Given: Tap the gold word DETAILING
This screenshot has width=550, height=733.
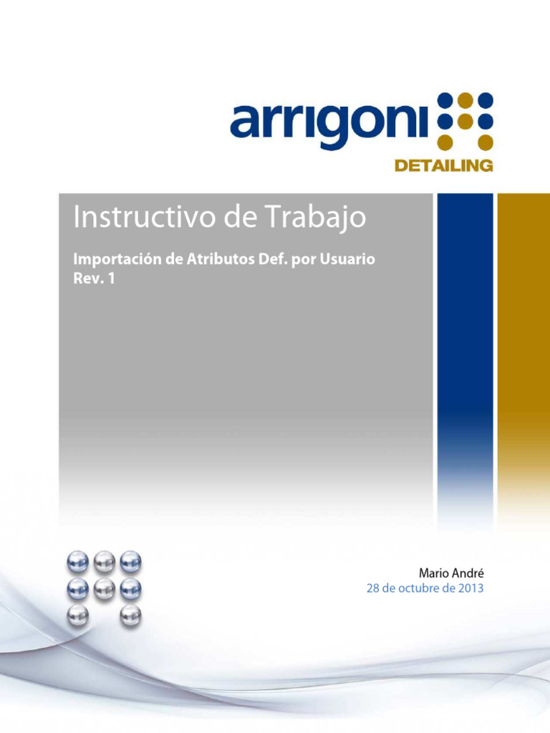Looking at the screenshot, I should pos(444,166).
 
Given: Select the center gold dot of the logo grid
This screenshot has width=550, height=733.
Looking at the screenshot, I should pos(465,120).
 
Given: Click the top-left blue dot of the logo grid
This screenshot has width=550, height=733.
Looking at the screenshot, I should pos(445,100).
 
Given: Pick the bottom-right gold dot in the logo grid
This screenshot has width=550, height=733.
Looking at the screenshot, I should pos(486,141).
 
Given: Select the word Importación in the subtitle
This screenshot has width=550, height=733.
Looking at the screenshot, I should pos(117,260).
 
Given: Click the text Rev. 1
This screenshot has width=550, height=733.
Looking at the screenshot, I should pos(94,278).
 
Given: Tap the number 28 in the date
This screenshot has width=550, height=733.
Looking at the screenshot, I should pos(373,588).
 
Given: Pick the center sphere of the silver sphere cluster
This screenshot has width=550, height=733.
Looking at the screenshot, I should pos(105,588).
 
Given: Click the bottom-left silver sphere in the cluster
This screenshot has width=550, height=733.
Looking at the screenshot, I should pos(77,613).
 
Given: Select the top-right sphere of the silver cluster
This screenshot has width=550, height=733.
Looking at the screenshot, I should pos(131,563).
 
